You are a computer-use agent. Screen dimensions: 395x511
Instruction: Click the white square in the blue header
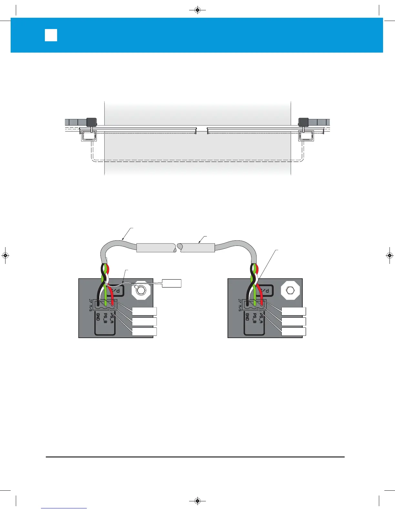[x=51, y=35]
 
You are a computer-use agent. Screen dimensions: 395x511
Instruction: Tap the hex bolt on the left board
[x=141, y=290]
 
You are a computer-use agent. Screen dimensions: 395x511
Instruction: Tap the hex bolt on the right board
[x=290, y=290]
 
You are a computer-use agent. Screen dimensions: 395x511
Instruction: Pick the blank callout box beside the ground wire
[x=171, y=283]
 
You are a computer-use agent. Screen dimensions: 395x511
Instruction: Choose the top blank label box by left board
[x=144, y=311]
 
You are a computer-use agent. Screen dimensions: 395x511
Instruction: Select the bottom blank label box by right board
[x=293, y=332]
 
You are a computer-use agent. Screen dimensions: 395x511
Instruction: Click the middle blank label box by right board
[x=293, y=322]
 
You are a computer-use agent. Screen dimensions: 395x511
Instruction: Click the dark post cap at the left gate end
[x=92, y=122]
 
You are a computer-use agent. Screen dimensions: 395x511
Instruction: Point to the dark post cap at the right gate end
[x=303, y=122]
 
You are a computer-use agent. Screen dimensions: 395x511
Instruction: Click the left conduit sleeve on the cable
[x=156, y=248]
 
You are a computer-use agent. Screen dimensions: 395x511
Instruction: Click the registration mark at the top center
[x=197, y=10]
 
